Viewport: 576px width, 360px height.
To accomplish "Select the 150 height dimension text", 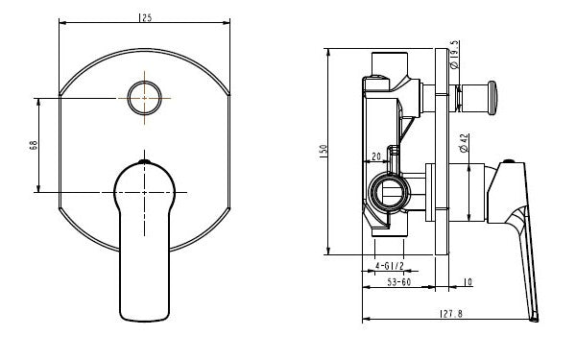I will [x=324, y=151].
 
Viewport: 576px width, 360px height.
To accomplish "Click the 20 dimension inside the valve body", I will [x=377, y=156].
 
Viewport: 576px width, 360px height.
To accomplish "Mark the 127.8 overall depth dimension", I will [x=451, y=313].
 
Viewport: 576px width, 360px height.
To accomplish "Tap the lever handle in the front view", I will [x=144, y=230].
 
